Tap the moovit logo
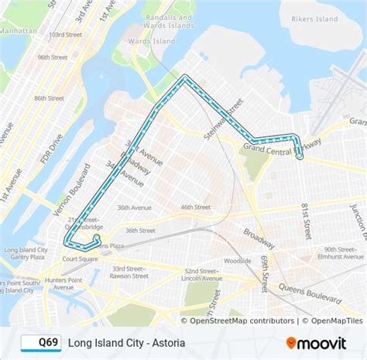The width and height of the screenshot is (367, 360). click(317, 341)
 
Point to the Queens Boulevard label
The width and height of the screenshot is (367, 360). click(318, 293)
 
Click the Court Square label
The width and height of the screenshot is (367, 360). click(80, 259)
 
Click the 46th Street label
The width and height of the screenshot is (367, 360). click(195, 207)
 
